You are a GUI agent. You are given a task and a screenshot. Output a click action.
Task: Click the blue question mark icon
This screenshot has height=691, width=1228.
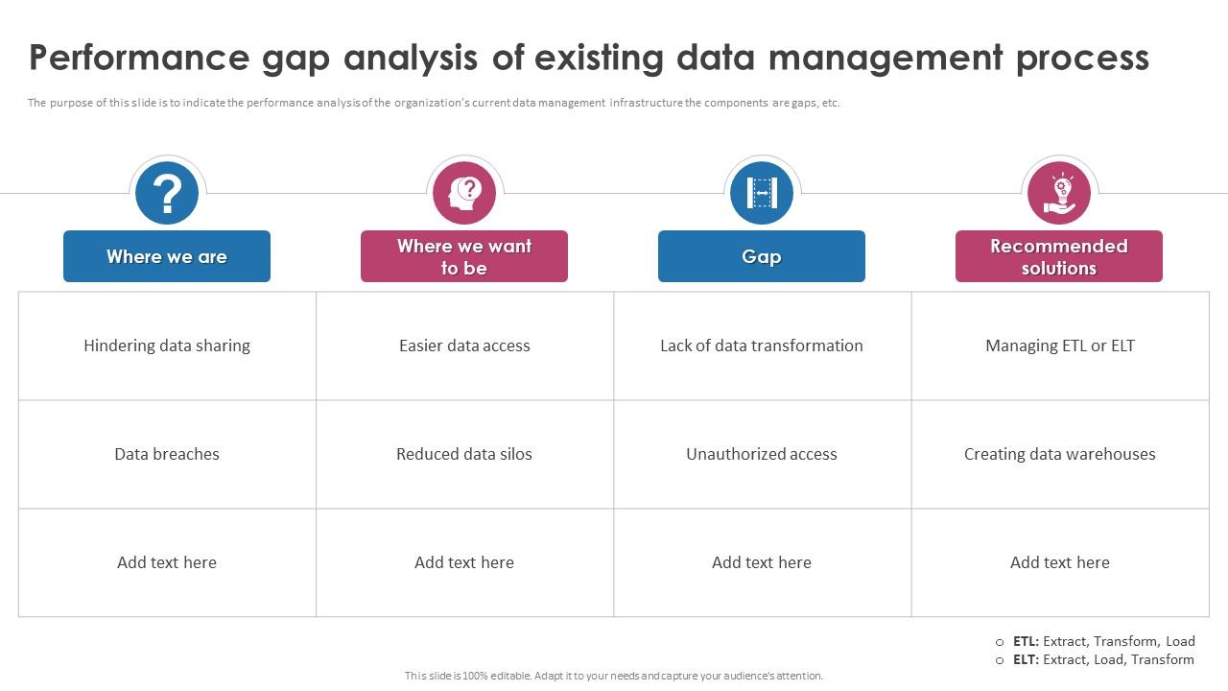(x=167, y=193)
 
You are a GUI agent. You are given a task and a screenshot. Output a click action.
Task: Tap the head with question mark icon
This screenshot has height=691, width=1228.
(x=464, y=193)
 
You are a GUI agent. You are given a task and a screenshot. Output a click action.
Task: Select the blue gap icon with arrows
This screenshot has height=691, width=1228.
(x=762, y=193)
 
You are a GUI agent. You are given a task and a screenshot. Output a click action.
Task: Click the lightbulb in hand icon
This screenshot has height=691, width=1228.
(x=1059, y=193)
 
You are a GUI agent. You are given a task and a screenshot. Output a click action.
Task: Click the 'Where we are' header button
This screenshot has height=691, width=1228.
(x=167, y=256)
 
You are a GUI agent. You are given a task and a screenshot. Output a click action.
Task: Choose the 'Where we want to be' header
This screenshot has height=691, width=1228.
(x=464, y=256)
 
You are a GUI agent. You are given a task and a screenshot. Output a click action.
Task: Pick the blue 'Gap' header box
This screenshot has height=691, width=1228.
(x=762, y=256)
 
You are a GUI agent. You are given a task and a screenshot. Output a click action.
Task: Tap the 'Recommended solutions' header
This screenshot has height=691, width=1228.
(x=1059, y=256)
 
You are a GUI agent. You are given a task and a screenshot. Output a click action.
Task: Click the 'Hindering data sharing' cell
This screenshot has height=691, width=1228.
(x=167, y=345)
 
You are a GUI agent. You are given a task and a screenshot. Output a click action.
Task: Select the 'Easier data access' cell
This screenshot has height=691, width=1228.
(x=464, y=345)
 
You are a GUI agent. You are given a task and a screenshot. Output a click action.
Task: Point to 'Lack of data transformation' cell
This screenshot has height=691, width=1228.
(x=762, y=345)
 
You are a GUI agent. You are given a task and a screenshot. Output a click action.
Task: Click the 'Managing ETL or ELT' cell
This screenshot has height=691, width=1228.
(x=1060, y=345)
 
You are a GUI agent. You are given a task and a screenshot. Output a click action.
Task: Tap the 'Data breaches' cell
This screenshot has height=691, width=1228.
(x=167, y=454)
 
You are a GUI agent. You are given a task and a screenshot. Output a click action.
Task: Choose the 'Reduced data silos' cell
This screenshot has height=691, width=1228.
(x=464, y=454)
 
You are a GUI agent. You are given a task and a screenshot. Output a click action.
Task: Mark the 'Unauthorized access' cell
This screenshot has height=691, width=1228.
(x=762, y=454)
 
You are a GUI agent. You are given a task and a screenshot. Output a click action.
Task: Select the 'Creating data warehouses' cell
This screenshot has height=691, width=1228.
(x=1060, y=454)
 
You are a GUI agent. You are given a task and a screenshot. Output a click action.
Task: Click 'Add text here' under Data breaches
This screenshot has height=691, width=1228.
(x=167, y=562)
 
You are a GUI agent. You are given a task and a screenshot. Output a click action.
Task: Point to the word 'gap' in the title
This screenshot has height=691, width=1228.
(x=296, y=59)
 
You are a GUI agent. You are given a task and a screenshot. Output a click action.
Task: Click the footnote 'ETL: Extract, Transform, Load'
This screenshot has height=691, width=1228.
(x=1103, y=641)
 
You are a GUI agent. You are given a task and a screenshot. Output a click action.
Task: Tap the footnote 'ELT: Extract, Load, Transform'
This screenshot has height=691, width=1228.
(x=1103, y=659)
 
